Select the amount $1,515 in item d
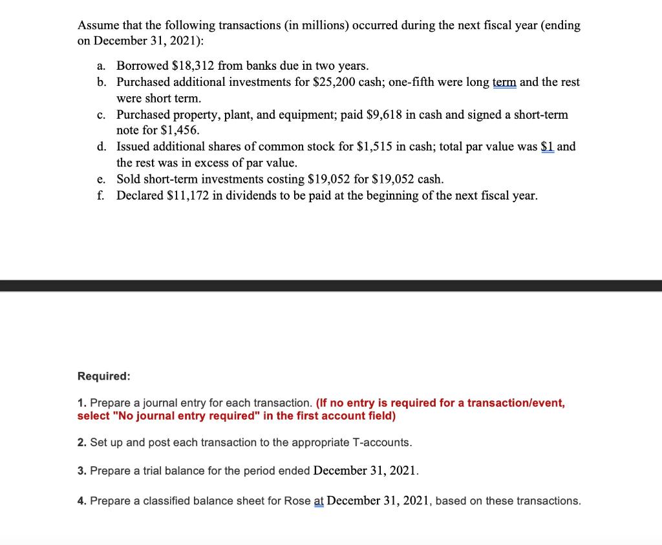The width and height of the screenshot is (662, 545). click(374, 147)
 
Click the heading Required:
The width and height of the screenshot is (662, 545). click(103, 376)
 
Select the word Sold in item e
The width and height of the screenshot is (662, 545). click(128, 179)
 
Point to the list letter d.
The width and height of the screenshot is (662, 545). click(101, 147)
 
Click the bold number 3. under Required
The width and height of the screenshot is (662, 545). click(81, 470)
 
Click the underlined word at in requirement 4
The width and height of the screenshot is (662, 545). click(319, 501)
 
